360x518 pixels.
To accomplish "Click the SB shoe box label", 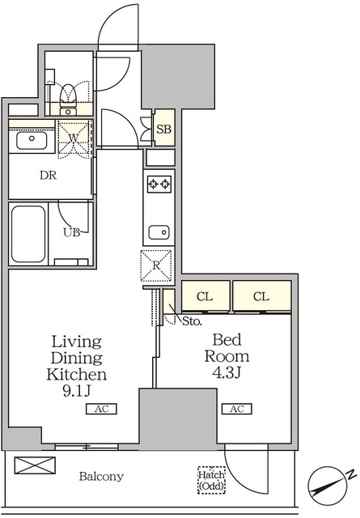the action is [x=163, y=129].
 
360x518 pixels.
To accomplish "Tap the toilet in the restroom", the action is [x=69, y=100].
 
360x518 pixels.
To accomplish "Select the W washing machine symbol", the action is [x=74, y=139].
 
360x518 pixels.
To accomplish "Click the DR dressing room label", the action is [x=49, y=176].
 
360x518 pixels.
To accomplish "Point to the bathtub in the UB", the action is [x=28, y=234].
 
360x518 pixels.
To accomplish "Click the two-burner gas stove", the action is [x=159, y=184].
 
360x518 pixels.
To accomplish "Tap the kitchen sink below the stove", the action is [x=159, y=232].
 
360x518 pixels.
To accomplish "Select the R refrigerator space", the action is [x=156, y=265].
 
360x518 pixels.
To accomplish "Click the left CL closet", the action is [x=205, y=296].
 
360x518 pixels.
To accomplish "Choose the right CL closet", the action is [x=262, y=296].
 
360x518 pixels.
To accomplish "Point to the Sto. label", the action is [x=192, y=321].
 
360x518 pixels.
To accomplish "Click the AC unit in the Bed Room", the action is [x=237, y=409].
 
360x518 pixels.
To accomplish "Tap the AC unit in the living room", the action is [x=101, y=409].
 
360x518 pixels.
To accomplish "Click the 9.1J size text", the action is [x=76, y=391].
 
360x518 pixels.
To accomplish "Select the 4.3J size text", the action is [x=227, y=372].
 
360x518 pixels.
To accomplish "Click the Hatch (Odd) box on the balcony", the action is [x=212, y=480].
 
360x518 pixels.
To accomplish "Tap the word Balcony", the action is [x=101, y=477].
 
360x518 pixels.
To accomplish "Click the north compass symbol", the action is [x=328, y=486].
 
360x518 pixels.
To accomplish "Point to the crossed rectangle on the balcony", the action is [x=35, y=465].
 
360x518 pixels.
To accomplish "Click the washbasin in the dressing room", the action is [x=32, y=140].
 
